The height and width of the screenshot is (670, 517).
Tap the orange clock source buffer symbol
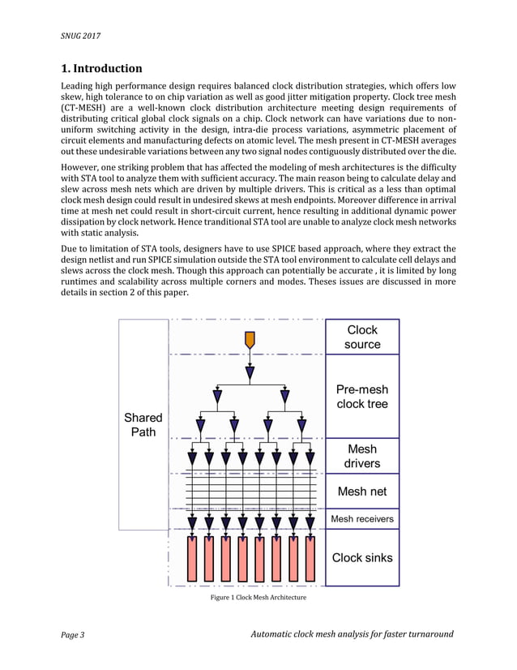(250, 339)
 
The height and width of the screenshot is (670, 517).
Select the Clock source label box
(362, 337)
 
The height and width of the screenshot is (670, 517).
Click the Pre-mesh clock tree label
(362, 397)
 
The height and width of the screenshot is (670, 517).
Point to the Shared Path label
(143, 424)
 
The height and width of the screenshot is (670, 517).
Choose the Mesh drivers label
(362, 456)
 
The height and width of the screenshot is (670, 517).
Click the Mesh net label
(362, 491)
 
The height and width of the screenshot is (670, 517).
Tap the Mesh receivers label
(362, 519)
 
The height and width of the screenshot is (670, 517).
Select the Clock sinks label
(362, 557)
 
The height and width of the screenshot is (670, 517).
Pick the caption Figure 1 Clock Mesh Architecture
(258, 598)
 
